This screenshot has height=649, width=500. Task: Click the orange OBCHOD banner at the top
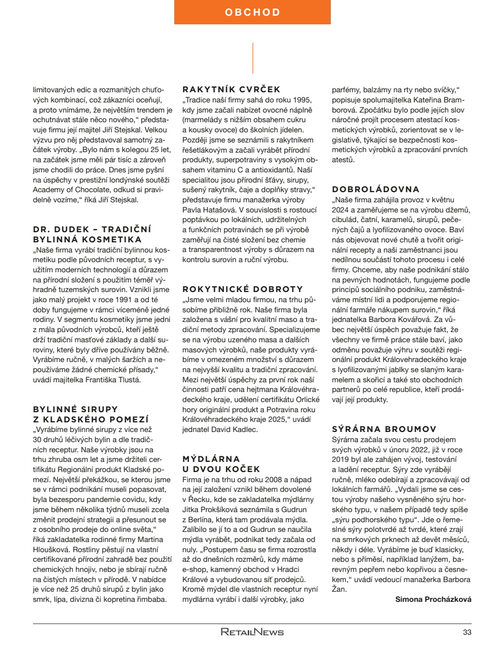(252, 12)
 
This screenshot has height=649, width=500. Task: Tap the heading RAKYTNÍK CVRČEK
(231, 89)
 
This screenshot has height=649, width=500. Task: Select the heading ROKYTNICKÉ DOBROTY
(243, 290)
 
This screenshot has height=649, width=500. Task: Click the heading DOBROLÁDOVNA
(376, 189)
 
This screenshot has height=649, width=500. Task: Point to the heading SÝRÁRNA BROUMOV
(384, 429)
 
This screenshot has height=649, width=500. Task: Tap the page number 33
(467, 632)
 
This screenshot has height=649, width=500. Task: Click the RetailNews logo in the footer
(252, 632)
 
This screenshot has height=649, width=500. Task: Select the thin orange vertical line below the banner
(252, 58)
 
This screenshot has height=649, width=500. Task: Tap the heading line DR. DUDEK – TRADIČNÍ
(92, 229)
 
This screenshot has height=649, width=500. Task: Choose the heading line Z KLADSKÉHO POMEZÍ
(91, 419)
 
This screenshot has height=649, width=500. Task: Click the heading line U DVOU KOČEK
(221, 469)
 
